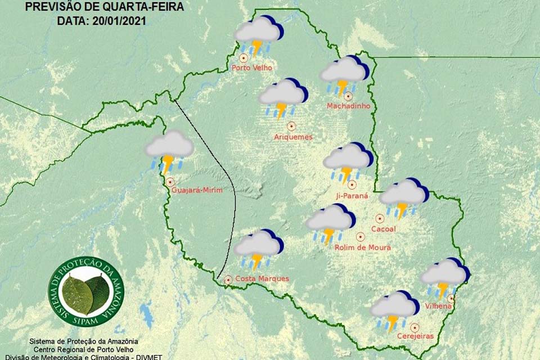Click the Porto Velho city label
pyautogui.click(x=251, y=68)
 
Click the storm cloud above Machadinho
pyautogui.click(x=344, y=74)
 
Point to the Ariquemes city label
pyautogui.click(x=292, y=137)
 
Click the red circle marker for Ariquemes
pyautogui.click(x=291, y=126)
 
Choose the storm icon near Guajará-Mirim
pyautogui.click(x=169, y=149)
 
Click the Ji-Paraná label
pyautogui.click(x=351, y=196)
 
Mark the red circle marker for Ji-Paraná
pyautogui.click(x=352, y=184)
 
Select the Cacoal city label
pyautogui.click(x=384, y=229)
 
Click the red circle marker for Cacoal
pyautogui.click(x=380, y=218)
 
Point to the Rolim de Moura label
pyautogui.click(x=362, y=247)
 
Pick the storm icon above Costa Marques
pyautogui.click(x=258, y=248)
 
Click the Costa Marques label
pyautogui.click(x=262, y=278)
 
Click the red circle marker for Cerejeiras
pyautogui.click(x=415, y=327)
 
